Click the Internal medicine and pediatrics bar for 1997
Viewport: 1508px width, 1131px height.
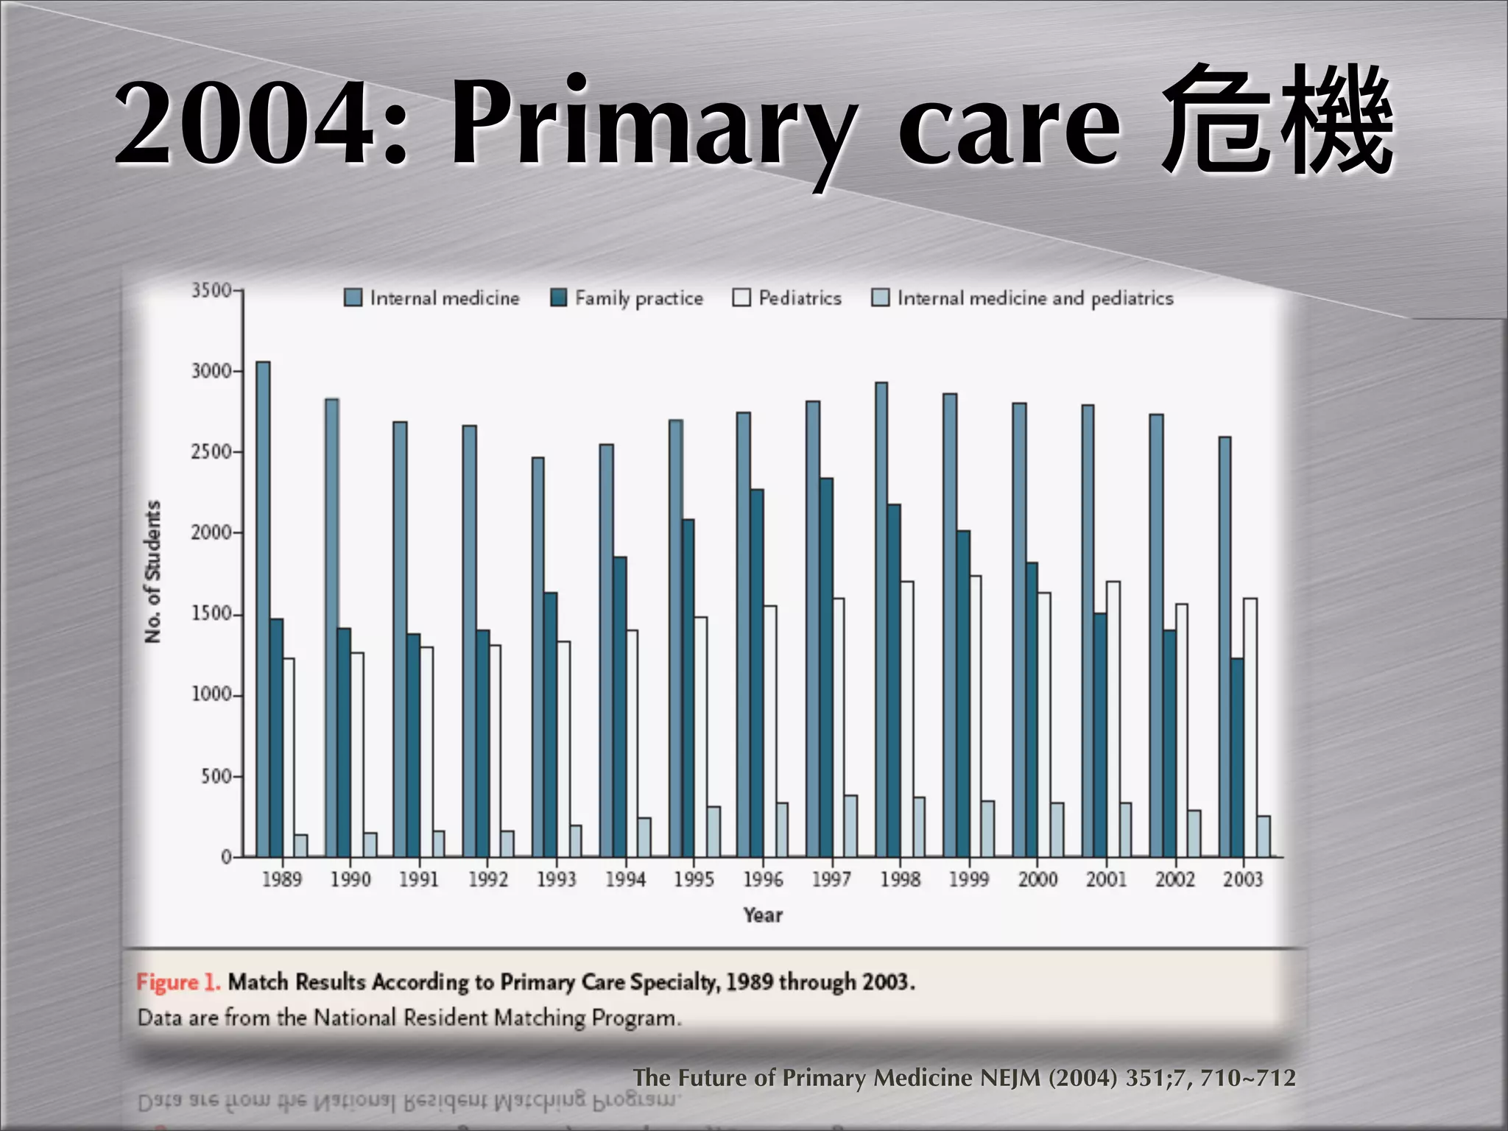851,825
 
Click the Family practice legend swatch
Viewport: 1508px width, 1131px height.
559,297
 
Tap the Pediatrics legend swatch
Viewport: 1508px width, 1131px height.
741,297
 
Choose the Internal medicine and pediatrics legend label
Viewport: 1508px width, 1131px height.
1035,298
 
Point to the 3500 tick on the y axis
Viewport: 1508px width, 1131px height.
212,291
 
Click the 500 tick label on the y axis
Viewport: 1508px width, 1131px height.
216,776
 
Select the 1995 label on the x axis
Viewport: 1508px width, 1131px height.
694,879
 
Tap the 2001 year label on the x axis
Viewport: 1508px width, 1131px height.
1106,879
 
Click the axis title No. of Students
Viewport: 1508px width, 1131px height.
152,571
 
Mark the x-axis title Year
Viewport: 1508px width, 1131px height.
763,915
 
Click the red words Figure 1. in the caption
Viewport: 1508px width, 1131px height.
177,982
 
